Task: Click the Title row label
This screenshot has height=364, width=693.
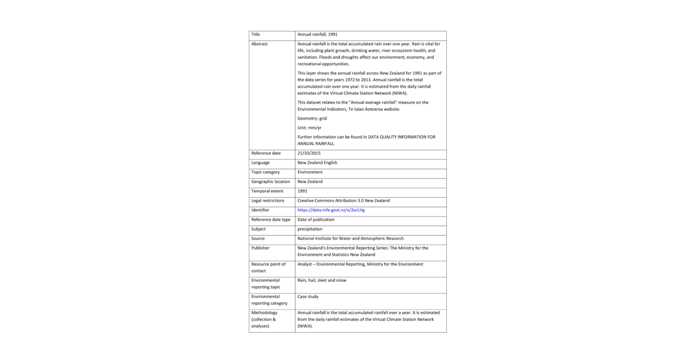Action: pyautogui.click(x=255, y=35)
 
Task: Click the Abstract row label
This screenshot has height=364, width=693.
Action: pyautogui.click(x=259, y=44)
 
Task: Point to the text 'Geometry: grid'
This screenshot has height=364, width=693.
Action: pyautogui.click(x=312, y=118)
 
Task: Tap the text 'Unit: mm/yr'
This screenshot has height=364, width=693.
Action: pyautogui.click(x=309, y=128)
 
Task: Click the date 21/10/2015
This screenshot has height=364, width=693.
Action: pyautogui.click(x=309, y=153)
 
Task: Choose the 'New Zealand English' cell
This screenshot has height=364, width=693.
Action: pyautogui.click(x=317, y=163)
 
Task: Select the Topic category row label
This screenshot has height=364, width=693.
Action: pyautogui.click(x=265, y=172)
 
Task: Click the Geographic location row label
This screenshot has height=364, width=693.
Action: pyautogui.click(x=270, y=181)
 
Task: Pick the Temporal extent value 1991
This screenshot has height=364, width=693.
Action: pyautogui.click(x=302, y=191)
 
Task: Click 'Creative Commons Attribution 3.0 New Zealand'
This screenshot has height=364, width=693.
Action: pyautogui.click(x=343, y=200)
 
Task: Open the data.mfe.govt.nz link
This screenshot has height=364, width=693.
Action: pyautogui.click(x=331, y=210)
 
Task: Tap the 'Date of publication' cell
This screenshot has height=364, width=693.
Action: pyautogui.click(x=315, y=220)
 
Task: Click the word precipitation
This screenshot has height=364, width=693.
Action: pyautogui.click(x=310, y=229)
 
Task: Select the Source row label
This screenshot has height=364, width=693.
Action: pyautogui.click(x=258, y=239)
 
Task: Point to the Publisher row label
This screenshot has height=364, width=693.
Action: pyautogui.click(x=260, y=248)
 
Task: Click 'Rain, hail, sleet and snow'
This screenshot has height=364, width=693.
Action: pyautogui.click(x=322, y=280)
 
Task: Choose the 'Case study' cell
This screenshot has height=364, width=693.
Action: pyautogui.click(x=308, y=296)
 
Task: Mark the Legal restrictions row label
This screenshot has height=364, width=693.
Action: pyautogui.click(x=267, y=200)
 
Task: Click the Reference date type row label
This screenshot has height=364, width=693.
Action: pyautogui.click(x=270, y=220)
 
